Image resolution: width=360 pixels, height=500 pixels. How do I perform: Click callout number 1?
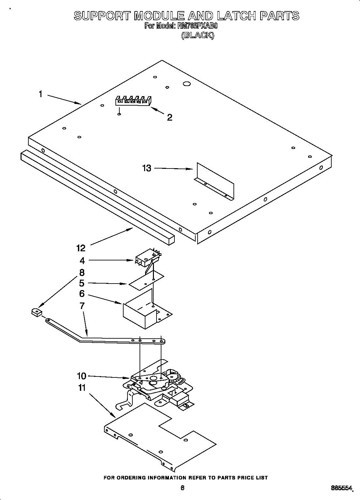[x=40, y=94]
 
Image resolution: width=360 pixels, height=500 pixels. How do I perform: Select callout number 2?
[x=170, y=117]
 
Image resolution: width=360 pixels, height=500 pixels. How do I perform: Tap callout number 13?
[x=147, y=168]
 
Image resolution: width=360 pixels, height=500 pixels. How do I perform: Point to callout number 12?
[x=81, y=248]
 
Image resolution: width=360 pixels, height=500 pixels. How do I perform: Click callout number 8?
[x=82, y=272]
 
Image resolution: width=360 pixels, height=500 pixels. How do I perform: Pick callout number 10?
[x=82, y=376]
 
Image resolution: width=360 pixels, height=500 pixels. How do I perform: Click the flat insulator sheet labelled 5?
[x=146, y=280]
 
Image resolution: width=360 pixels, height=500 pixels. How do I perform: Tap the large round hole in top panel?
[x=187, y=84]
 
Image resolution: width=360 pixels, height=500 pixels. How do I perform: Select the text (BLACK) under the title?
[x=198, y=36]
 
